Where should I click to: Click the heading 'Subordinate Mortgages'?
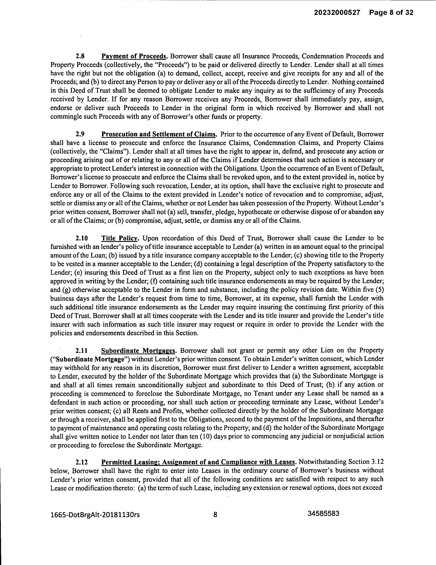pyautogui.click(x=138, y=350)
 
